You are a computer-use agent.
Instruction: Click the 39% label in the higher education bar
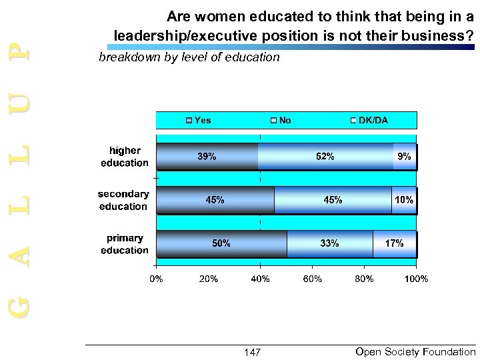pyautogui.click(x=206, y=157)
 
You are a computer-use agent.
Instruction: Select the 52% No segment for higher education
pyautogui.click(x=325, y=157)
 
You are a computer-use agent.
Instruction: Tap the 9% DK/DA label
pyautogui.click(x=405, y=157)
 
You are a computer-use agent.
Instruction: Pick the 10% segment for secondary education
pyautogui.click(x=404, y=200)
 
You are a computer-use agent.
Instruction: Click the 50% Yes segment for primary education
pyautogui.click(x=221, y=244)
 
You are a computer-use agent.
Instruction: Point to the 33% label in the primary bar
pyautogui.click(x=329, y=244)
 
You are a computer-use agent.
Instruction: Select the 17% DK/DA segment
pyautogui.click(x=395, y=244)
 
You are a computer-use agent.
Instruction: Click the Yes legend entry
pyautogui.click(x=199, y=121)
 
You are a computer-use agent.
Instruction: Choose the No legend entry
pyautogui.click(x=281, y=121)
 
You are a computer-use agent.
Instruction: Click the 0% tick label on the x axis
pyautogui.click(x=155, y=279)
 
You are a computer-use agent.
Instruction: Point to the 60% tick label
pyautogui.click(x=313, y=279)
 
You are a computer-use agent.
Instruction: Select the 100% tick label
pyautogui.click(x=417, y=279)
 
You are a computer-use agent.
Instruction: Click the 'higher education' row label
pyautogui.click(x=125, y=157)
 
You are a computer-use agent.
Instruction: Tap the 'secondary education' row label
pyautogui.click(x=123, y=201)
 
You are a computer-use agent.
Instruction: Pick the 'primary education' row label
pyautogui.click(x=125, y=245)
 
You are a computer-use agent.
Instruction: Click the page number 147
pyautogui.click(x=253, y=352)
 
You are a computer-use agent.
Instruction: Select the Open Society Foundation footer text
pyautogui.click(x=416, y=351)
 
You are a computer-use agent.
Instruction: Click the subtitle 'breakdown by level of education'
pyautogui.click(x=189, y=57)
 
